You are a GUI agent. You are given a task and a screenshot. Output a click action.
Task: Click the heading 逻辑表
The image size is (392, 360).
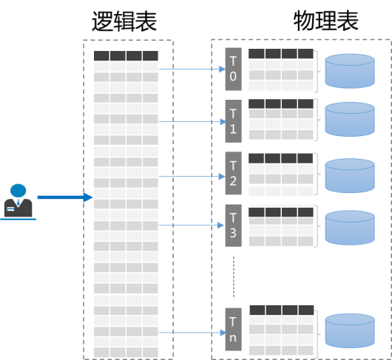(x=124, y=21)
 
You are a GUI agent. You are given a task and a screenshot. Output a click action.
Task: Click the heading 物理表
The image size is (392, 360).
(x=326, y=21)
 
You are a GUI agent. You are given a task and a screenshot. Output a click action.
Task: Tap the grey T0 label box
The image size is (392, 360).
(x=233, y=69)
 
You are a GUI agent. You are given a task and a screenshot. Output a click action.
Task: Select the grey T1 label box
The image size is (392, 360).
(x=233, y=121)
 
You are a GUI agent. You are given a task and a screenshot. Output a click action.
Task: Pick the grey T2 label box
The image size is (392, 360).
(x=233, y=173)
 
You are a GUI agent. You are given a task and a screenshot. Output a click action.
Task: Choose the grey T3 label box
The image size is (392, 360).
(x=233, y=225)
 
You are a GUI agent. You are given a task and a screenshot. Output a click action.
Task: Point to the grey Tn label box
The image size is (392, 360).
(x=233, y=329)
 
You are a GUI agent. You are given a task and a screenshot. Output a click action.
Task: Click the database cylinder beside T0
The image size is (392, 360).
(x=350, y=71)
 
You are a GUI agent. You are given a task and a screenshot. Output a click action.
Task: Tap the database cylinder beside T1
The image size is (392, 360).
(x=350, y=120)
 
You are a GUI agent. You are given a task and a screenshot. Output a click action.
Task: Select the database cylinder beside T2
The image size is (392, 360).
(x=350, y=176)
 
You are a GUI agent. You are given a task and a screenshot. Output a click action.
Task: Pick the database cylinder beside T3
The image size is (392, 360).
(x=350, y=228)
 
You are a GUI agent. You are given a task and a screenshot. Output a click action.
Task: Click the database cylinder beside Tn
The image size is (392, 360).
(x=350, y=330)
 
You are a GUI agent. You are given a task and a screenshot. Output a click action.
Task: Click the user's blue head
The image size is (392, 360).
(x=18, y=191)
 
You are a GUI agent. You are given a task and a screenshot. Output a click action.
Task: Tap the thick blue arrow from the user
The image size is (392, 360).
(x=65, y=197)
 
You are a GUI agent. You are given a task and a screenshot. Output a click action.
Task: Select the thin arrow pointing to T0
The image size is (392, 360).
(x=192, y=69)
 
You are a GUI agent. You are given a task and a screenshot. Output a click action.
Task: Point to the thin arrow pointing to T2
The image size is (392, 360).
(x=192, y=177)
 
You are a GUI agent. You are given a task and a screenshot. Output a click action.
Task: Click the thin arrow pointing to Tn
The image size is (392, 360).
(x=192, y=333)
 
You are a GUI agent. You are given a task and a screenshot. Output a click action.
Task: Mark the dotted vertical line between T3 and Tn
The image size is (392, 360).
(x=234, y=276)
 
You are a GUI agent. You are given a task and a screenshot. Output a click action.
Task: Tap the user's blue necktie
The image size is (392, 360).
(x=18, y=202)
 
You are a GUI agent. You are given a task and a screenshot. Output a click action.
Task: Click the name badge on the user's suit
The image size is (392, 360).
(x=10, y=209)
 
